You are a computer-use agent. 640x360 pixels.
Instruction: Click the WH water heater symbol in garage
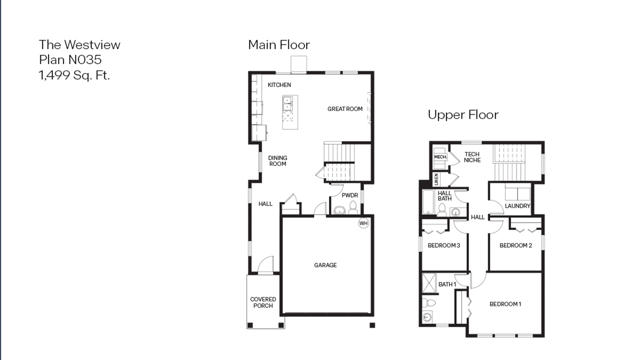364,223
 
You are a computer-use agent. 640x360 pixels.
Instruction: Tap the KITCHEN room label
279,85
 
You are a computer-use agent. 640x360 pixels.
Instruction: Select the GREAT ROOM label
345,109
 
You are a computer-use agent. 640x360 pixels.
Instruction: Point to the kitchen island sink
288,104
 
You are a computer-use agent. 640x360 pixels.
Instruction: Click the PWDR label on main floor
350,195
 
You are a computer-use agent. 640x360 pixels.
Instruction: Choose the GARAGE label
325,265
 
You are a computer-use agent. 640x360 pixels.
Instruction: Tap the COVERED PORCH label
263,302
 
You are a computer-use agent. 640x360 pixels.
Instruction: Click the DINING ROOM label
277,161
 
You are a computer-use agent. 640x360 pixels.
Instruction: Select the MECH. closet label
440,157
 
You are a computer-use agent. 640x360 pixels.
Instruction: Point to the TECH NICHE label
472,157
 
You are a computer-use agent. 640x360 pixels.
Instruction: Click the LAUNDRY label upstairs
517,206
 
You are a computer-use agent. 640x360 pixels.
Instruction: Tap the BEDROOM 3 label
444,245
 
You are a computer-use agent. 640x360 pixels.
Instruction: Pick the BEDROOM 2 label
515,245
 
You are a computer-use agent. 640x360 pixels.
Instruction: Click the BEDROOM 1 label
505,304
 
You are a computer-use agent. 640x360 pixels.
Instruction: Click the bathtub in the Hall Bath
428,202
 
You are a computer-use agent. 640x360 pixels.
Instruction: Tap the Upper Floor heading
463,115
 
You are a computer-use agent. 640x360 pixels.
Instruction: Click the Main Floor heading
279,45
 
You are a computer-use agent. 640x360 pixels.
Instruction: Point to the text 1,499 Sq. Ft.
74,75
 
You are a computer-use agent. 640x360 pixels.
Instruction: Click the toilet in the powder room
353,208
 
